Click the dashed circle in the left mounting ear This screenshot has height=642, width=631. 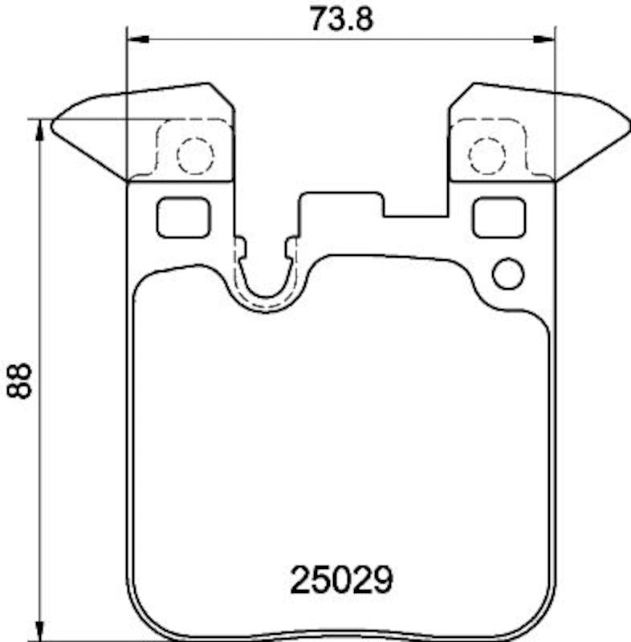194,155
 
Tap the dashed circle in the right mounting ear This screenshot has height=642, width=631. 486,155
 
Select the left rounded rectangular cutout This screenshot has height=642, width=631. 183,217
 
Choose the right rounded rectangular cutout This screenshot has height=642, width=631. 499,217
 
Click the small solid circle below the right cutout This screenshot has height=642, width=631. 507,273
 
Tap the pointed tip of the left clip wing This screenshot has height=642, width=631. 54,124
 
